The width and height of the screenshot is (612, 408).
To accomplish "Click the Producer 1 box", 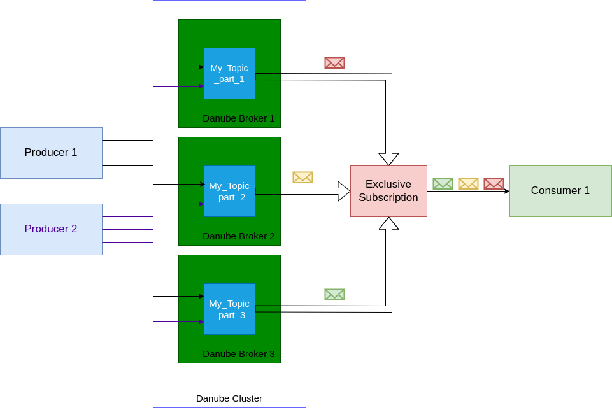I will [x=51, y=153].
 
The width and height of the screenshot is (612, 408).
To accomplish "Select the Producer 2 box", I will [x=51, y=229].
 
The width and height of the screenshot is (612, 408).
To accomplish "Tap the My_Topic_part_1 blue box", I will [x=229, y=73].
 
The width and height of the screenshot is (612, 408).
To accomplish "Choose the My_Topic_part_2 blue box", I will [x=229, y=191].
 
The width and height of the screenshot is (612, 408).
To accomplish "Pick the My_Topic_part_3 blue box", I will [x=229, y=309].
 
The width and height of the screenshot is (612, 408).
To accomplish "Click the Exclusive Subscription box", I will [x=388, y=191].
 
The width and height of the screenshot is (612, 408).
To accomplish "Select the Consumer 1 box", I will [x=560, y=191].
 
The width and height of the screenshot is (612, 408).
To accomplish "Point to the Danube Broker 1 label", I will [x=239, y=118].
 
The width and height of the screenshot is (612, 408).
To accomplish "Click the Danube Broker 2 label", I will [x=239, y=236].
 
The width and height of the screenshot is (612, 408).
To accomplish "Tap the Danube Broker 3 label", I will [x=239, y=354].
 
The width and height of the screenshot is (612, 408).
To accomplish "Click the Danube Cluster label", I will [x=229, y=398].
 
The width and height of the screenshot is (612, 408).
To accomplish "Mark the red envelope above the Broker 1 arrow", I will [x=334, y=62].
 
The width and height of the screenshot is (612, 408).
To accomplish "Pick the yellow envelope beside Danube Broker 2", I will [x=302, y=177].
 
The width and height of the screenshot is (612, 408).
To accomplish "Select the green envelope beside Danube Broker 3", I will [x=334, y=294].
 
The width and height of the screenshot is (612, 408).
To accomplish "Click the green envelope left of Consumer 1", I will [x=443, y=183].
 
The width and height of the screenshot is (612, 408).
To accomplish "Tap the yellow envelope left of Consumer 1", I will [x=468, y=183].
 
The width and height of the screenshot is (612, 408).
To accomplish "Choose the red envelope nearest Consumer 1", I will [x=494, y=183].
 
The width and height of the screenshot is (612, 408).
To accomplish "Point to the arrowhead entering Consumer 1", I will [x=506, y=191].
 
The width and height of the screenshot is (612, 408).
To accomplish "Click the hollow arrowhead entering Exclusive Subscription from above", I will [x=388, y=159].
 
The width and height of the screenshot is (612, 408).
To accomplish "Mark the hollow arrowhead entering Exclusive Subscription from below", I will [x=388, y=223].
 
